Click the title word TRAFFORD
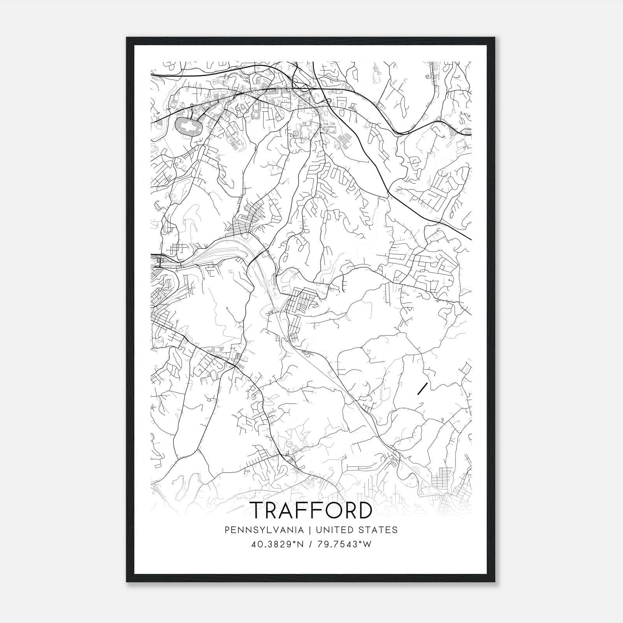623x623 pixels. tap(311, 510)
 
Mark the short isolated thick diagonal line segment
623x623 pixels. tap(422, 389)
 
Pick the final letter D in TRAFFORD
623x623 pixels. tap(364, 510)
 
